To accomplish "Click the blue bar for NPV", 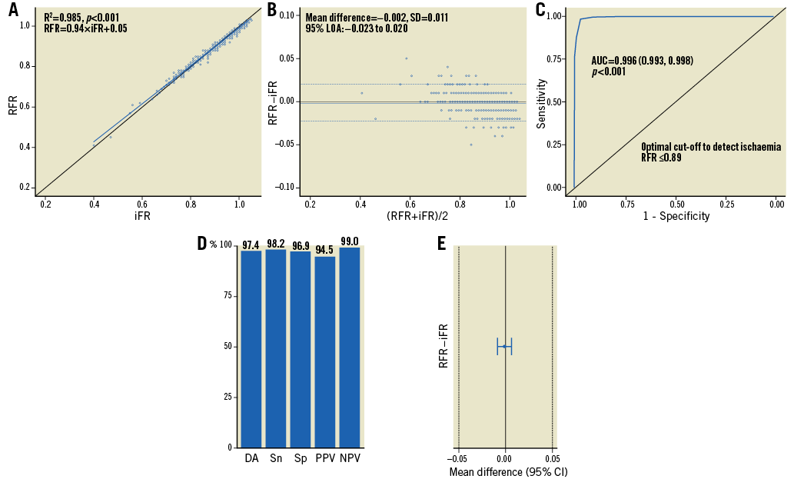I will (x=350, y=347).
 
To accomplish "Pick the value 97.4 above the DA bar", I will (x=251, y=244).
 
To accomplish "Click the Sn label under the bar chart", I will (x=276, y=458).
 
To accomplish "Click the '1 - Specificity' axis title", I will (x=677, y=217).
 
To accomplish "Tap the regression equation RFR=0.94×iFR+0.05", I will (x=85, y=28).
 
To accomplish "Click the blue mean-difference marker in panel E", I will (x=504, y=346).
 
